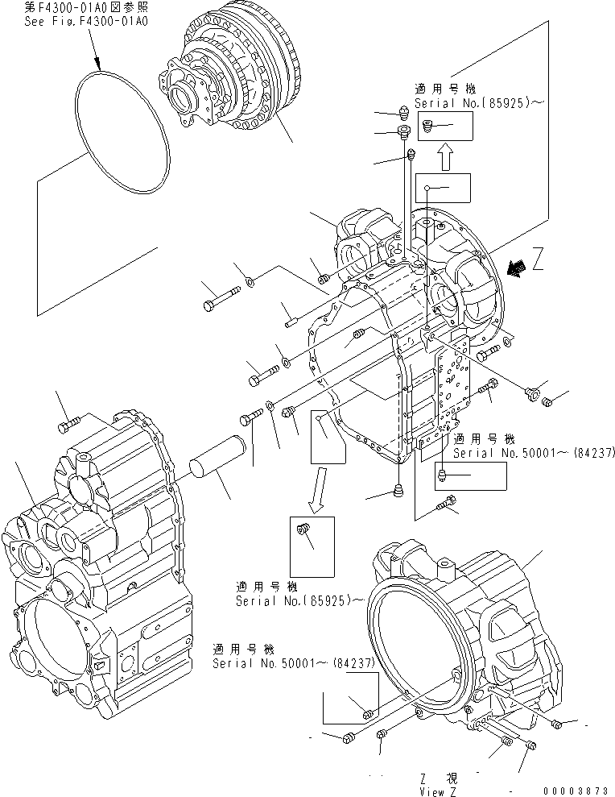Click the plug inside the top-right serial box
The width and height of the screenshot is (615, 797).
coord(428,125)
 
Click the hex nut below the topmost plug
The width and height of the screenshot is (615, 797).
coord(404,131)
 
